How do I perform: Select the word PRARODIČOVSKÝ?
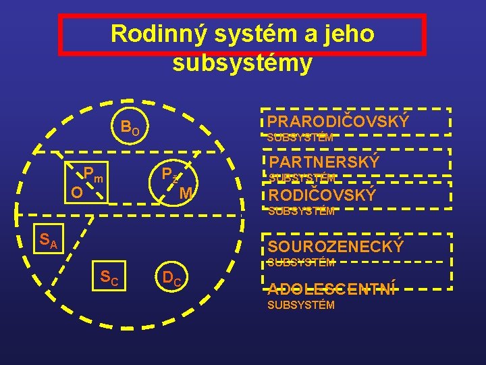tap(338, 122)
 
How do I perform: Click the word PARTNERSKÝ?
tap(325, 162)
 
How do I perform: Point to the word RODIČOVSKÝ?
tap(322, 195)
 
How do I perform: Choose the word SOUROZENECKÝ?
tap(335, 247)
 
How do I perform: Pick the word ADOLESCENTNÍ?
tap(331, 289)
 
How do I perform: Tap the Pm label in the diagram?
tap(93, 175)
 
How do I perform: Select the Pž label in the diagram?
tap(169, 175)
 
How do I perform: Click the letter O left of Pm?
tap(77, 193)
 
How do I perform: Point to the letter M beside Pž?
tap(187, 193)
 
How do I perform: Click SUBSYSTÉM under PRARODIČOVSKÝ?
tap(300, 137)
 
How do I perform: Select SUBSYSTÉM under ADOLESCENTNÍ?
tap(301, 305)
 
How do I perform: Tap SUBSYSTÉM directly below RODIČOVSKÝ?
tap(301, 210)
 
